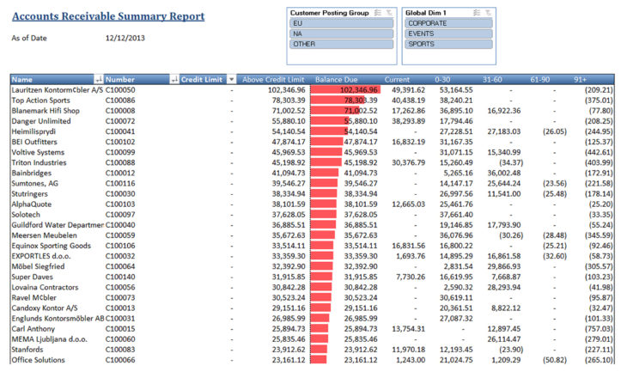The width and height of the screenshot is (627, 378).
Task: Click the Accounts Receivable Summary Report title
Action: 108,16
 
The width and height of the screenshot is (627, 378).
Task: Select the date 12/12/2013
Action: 126,39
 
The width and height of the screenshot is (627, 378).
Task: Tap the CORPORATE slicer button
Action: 449,24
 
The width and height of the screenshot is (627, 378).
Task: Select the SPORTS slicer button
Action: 449,43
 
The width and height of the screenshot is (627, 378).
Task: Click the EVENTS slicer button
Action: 449,34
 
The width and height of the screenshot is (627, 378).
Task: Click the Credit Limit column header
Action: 202,79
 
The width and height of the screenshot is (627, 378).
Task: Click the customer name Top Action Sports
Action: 40,100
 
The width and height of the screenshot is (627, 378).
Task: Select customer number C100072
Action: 120,121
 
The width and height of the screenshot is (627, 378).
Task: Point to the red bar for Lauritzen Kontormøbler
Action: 344,89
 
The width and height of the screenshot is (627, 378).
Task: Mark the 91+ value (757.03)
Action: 595,328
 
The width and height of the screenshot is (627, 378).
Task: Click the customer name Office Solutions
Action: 40,359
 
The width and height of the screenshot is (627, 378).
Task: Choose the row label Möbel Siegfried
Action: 40,266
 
